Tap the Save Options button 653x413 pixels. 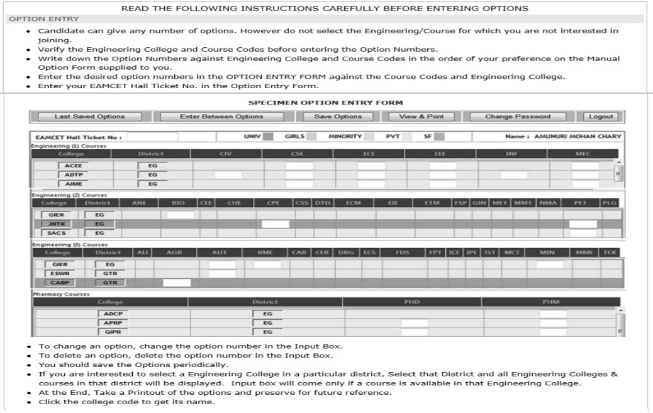point(338,116)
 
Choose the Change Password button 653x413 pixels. point(518,116)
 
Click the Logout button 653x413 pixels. point(601,116)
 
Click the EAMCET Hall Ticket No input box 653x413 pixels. point(152,137)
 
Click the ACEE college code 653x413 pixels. point(74,166)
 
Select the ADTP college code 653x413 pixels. point(74,175)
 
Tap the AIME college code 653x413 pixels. point(74,184)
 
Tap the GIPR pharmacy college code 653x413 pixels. point(111,332)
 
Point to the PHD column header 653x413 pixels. point(411,302)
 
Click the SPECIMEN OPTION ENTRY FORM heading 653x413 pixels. point(326,103)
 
